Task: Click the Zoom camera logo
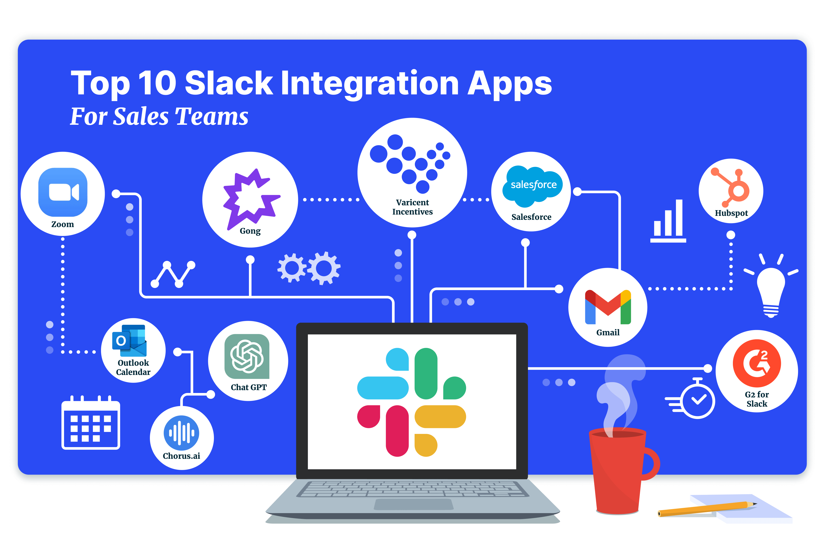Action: (x=63, y=192)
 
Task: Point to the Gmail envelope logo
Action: (x=608, y=307)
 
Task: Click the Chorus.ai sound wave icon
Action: (x=181, y=433)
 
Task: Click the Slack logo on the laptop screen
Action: (x=411, y=402)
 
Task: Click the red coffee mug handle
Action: (x=652, y=464)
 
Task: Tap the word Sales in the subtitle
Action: (x=141, y=116)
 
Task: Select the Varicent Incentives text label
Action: (x=412, y=207)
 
